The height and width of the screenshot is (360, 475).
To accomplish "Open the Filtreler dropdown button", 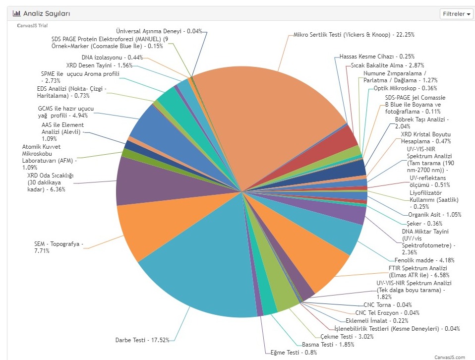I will (456, 14).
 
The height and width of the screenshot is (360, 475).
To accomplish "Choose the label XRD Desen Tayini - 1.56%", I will (99, 65).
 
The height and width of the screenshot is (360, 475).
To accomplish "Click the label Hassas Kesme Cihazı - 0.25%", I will (377, 57).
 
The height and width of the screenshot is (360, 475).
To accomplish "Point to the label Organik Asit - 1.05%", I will (435, 215).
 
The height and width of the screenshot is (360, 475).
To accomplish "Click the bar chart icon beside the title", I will (16, 14).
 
